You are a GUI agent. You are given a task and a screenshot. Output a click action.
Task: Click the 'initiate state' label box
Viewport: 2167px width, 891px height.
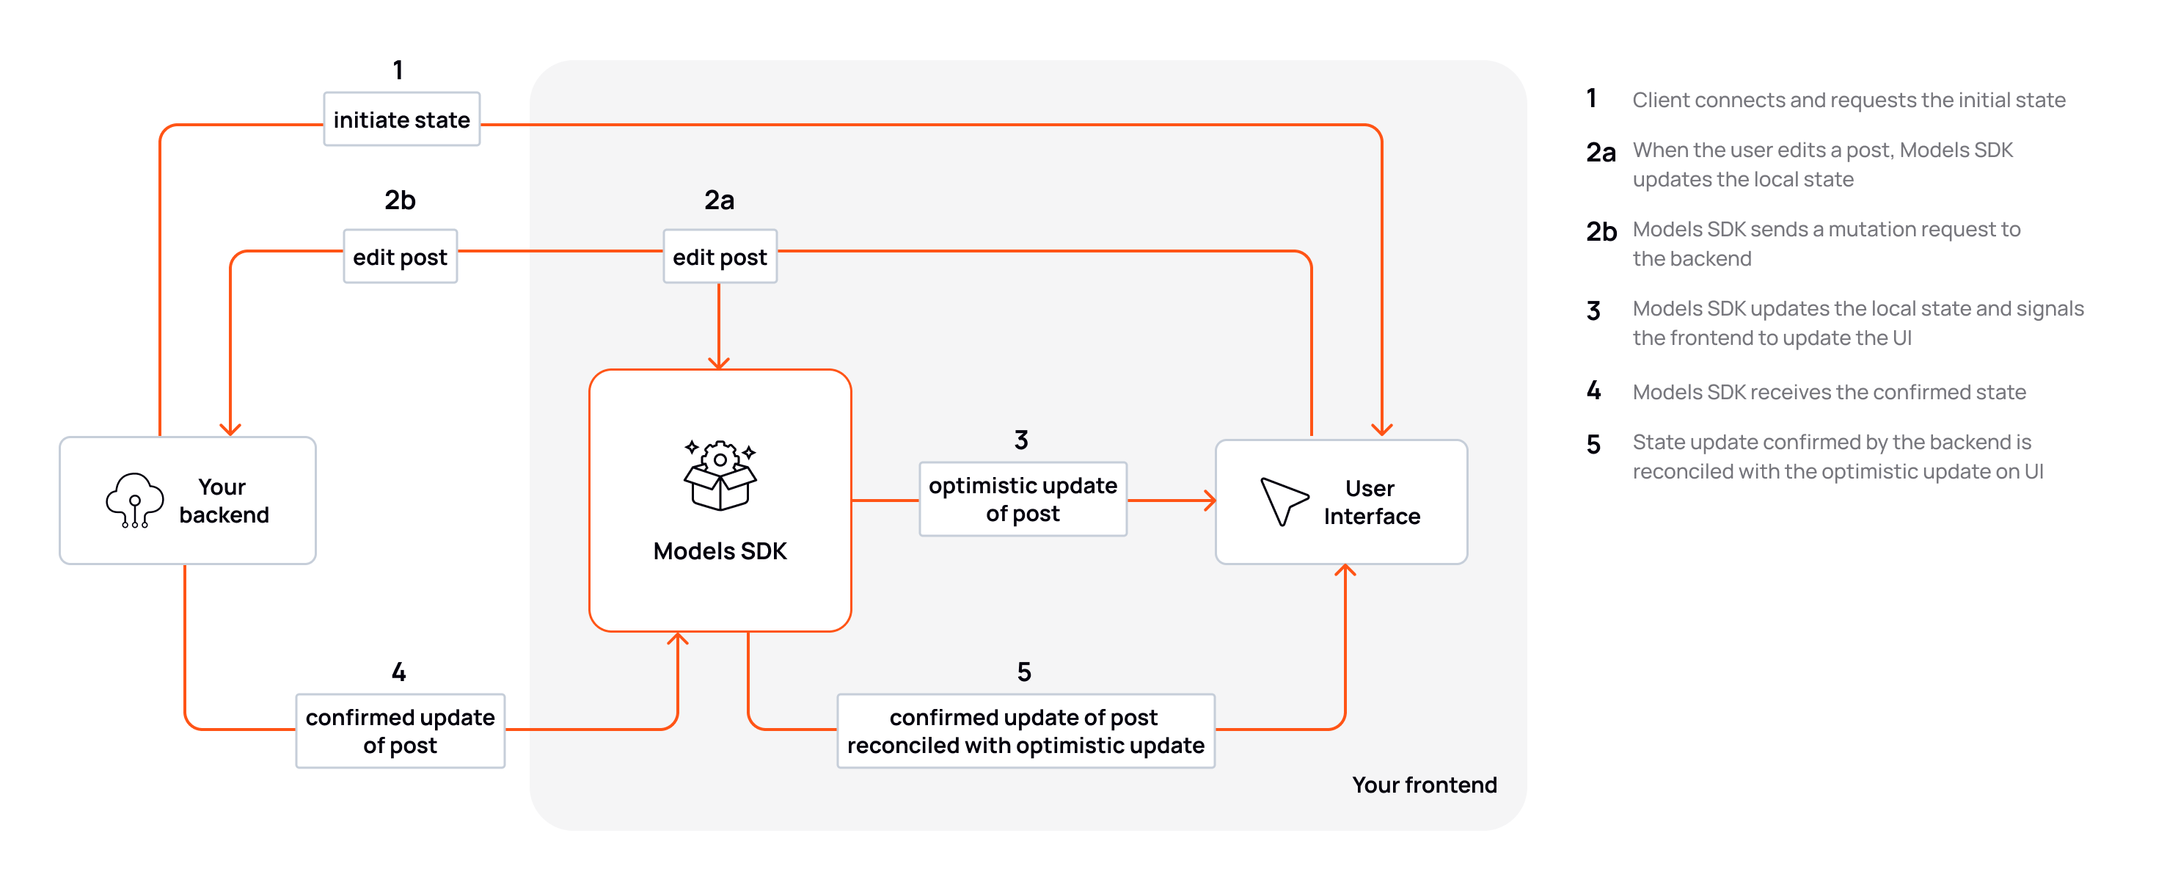point(401,120)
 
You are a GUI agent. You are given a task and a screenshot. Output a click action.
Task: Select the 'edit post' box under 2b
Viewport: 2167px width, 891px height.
point(400,257)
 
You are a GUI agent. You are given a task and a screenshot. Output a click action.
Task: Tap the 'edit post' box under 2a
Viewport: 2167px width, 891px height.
point(719,257)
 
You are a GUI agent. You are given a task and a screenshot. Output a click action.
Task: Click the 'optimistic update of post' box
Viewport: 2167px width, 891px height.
point(1022,499)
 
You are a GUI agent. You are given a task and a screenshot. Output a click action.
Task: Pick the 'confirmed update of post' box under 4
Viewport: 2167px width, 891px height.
point(400,730)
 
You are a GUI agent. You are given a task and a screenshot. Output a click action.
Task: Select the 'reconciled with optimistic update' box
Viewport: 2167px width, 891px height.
point(1026,730)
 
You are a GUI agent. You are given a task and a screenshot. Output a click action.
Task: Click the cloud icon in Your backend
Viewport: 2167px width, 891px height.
point(134,500)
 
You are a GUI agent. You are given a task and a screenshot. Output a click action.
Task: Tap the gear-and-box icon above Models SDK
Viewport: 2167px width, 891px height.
point(720,476)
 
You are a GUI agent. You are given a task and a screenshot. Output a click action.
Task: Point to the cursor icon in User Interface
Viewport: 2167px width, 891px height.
point(1282,501)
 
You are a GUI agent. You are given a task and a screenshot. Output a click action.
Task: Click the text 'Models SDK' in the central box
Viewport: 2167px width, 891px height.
point(720,551)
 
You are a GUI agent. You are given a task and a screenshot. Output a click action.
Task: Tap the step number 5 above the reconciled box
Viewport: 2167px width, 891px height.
point(1024,672)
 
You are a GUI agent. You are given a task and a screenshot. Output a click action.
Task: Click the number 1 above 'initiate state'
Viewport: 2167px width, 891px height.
point(398,70)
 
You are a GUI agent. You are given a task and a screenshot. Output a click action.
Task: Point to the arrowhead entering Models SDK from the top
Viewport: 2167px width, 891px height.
point(718,363)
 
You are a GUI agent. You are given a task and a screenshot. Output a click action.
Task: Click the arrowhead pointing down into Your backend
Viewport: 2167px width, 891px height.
point(230,429)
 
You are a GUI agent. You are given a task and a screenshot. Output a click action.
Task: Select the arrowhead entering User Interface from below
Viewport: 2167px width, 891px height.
point(1345,571)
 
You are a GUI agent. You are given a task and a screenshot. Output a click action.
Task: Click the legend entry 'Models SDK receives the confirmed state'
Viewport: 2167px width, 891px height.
point(1829,392)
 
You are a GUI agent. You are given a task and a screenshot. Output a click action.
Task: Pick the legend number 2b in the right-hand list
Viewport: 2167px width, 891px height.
point(1601,231)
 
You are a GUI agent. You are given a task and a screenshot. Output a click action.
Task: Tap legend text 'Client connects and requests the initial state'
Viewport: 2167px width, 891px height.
point(1848,100)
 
